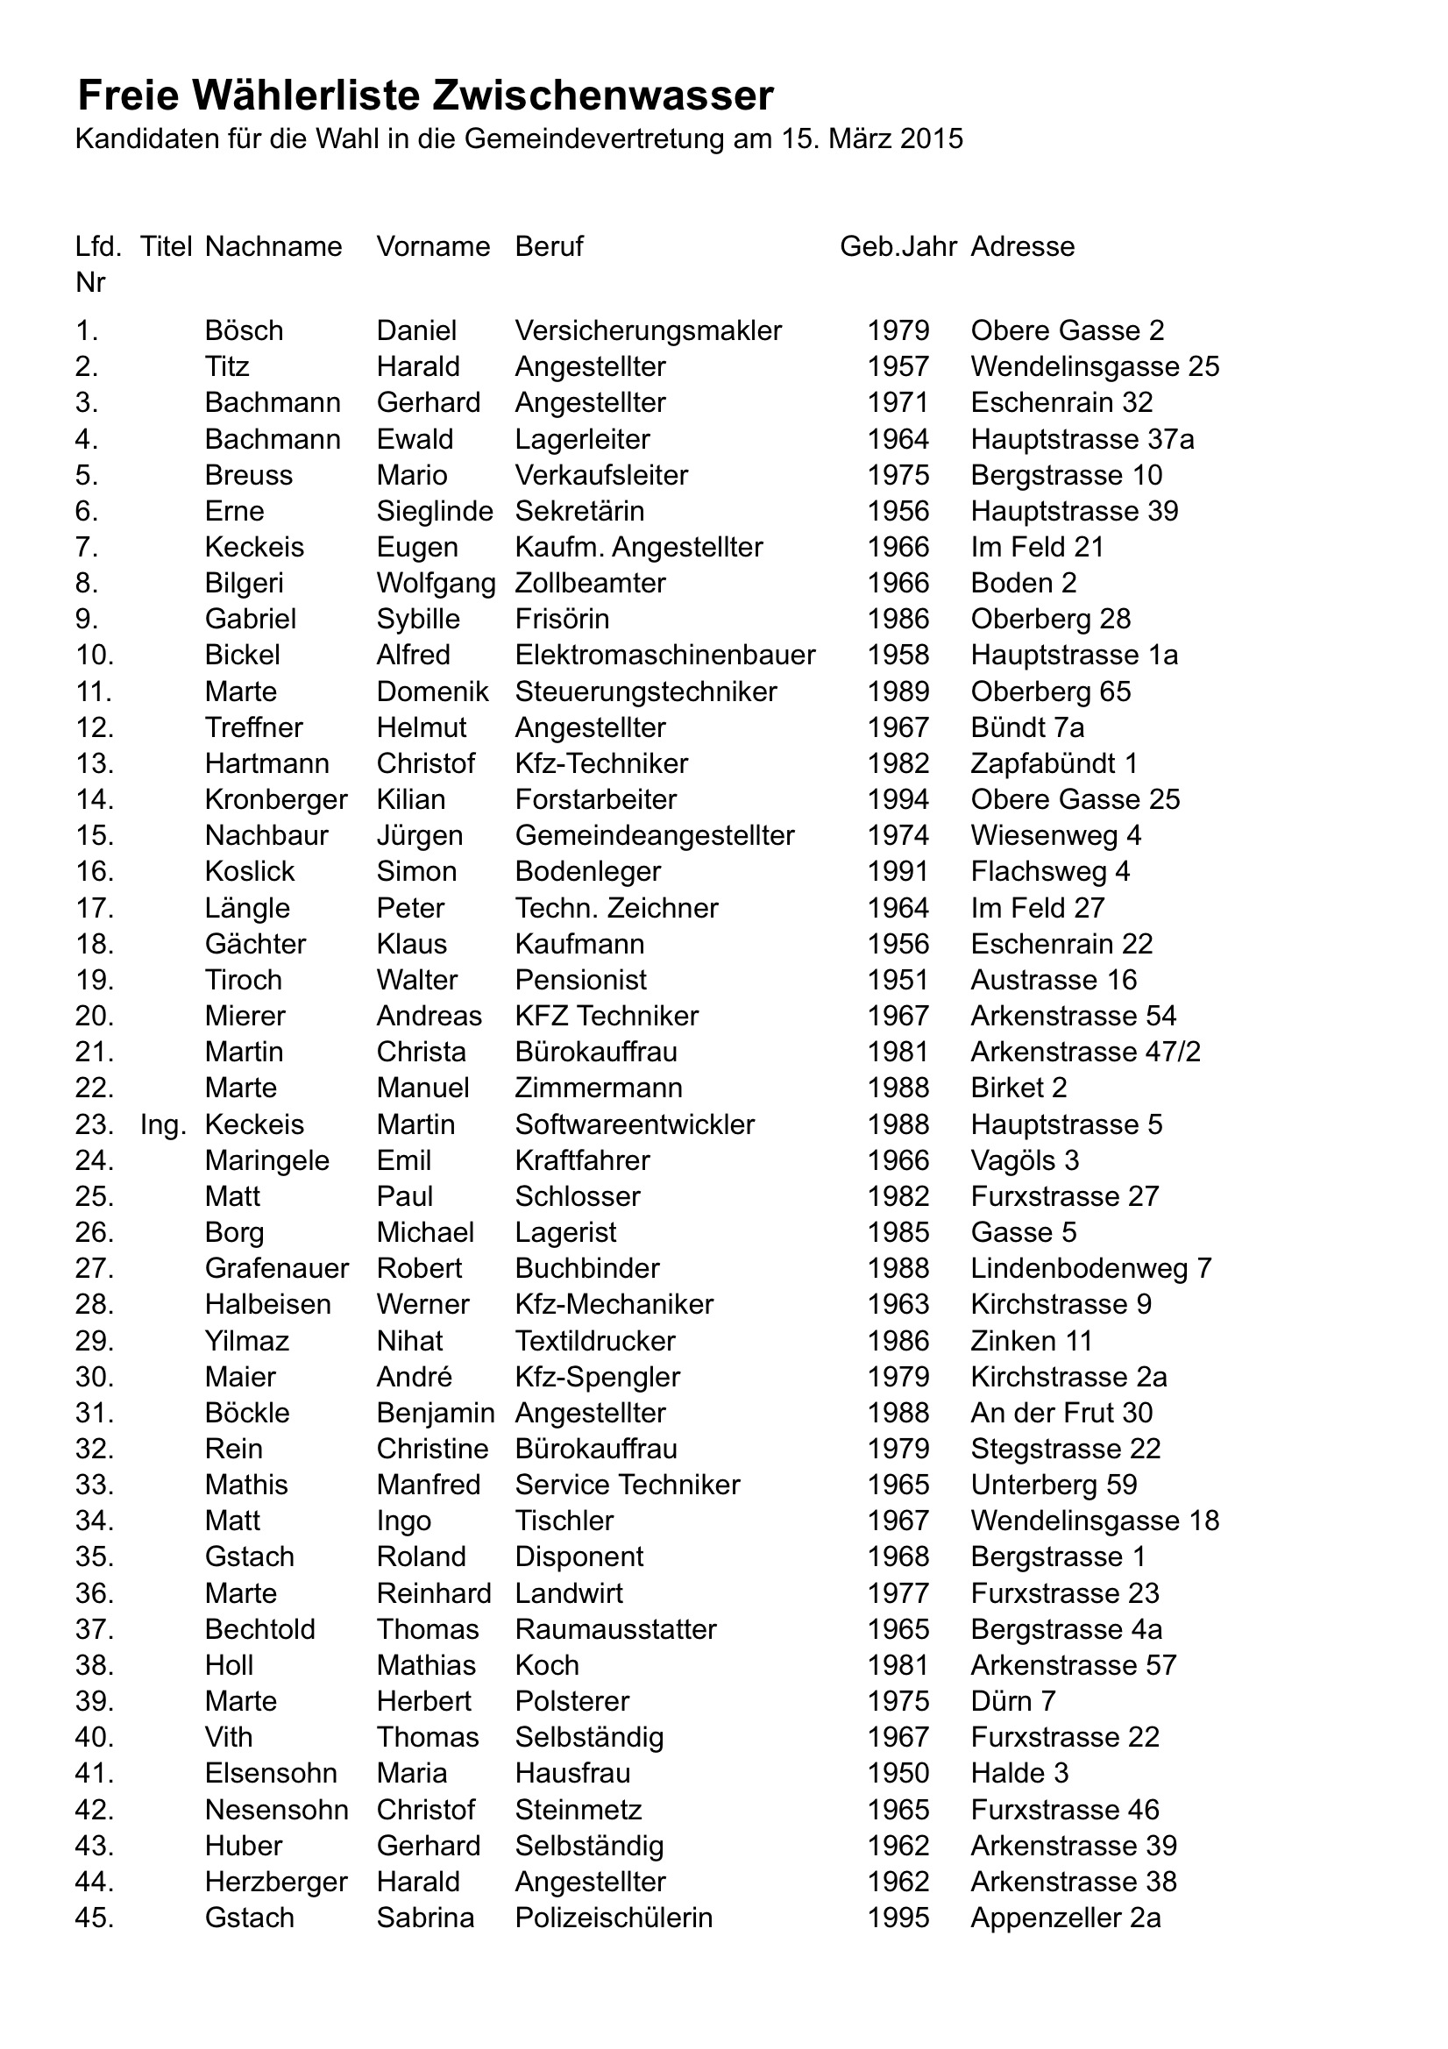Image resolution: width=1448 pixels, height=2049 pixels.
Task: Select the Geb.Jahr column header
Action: coord(898,246)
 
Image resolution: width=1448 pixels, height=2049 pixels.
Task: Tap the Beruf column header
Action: coord(549,246)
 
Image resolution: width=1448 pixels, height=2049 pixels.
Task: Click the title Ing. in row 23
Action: coord(162,1124)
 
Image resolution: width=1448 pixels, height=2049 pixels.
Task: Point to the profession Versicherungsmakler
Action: coord(648,331)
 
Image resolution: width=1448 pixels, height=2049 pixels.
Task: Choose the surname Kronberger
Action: coord(276,799)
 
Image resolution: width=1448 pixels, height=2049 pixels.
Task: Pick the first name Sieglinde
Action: coord(435,511)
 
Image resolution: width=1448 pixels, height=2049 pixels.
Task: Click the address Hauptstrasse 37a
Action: coord(1082,439)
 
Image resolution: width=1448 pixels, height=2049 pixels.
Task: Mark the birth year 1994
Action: coord(898,799)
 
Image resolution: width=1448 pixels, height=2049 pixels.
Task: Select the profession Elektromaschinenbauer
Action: coord(665,655)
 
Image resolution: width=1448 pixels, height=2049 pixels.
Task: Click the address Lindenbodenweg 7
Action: coord(1091,1268)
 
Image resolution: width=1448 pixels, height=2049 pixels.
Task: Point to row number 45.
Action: coord(95,1918)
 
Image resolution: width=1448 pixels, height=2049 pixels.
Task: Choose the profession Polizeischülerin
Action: coord(614,1918)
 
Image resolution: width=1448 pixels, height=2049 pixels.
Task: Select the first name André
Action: coord(415,1377)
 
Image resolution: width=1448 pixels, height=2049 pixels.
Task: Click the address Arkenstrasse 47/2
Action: coord(1085,1053)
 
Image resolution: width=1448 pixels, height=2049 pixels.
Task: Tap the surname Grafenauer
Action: coord(277,1268)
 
